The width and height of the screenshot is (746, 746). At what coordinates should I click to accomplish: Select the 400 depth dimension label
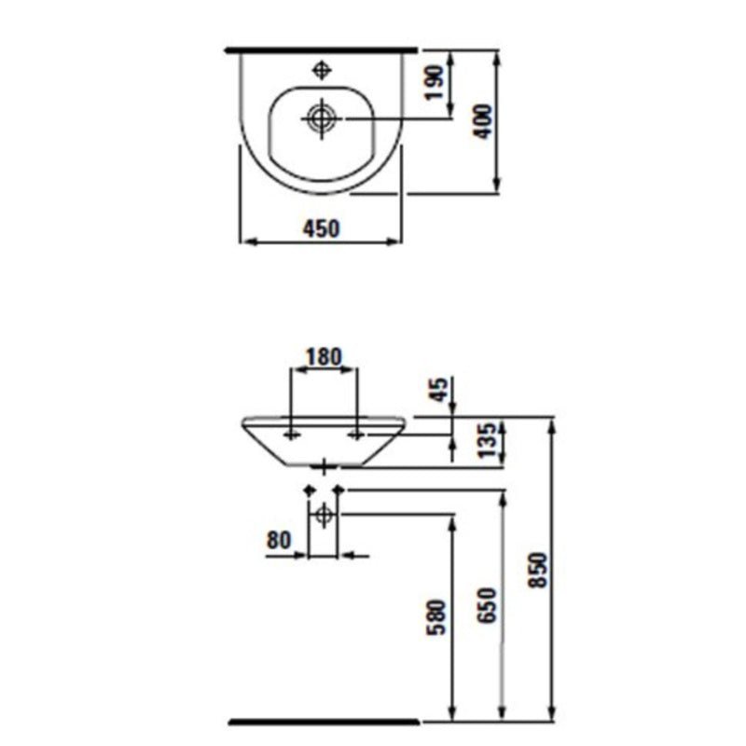click(x=482, y=120)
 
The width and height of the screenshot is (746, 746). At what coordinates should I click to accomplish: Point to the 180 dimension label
click(x=324, y=356)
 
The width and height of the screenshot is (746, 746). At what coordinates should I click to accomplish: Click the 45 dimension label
click(x=438, y=390)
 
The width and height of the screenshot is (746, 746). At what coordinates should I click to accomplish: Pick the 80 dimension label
click(x=279, y=540)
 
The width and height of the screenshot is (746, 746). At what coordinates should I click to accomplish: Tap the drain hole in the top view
click(x=321, y=118)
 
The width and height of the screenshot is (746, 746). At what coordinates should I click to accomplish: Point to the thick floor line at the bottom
click(x=323, y=721)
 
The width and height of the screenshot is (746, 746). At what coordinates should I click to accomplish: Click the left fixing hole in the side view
click(x=293, y=435)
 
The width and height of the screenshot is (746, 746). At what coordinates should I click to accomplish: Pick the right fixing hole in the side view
click(x=356, y=435)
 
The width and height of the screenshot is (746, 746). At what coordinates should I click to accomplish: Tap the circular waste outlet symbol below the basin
click(x=323, y=514)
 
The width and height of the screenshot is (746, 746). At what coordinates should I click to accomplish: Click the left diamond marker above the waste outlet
click(x=309, y=490)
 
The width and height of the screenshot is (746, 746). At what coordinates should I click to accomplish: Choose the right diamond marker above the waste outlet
click(x=338, y=490)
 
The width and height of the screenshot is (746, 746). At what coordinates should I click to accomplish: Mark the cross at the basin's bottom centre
click(x=323, y=464)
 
